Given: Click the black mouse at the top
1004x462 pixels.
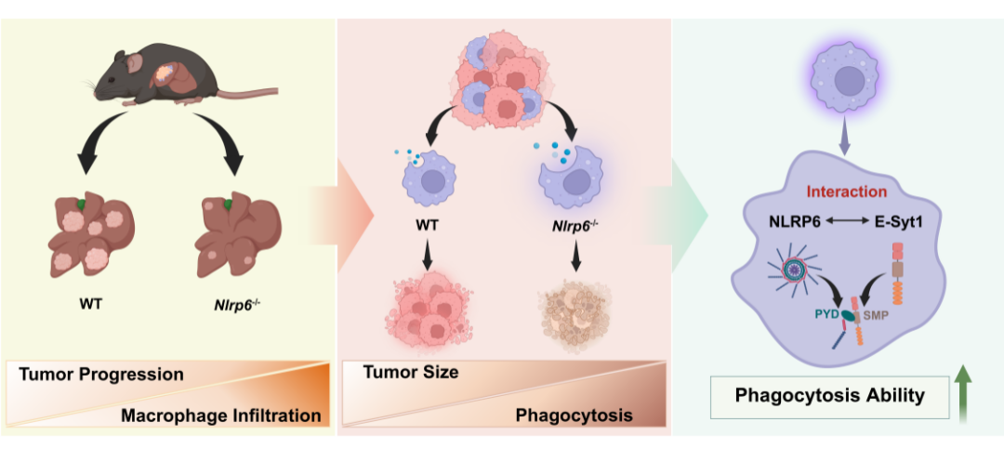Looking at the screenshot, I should click(158, 79).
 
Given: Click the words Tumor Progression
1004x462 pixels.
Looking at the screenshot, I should click(102, 375).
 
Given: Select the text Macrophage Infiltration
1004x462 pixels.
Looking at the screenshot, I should click(220, 415).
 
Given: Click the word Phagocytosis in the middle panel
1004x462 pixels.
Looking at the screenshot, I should click(574, 416).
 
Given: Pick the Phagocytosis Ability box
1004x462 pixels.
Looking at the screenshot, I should click(829, 395).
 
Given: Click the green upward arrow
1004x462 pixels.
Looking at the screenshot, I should click(962, 394).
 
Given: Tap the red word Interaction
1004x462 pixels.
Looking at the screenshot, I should click(846, 191).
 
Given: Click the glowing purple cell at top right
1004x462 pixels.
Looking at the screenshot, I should click(844, 79).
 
